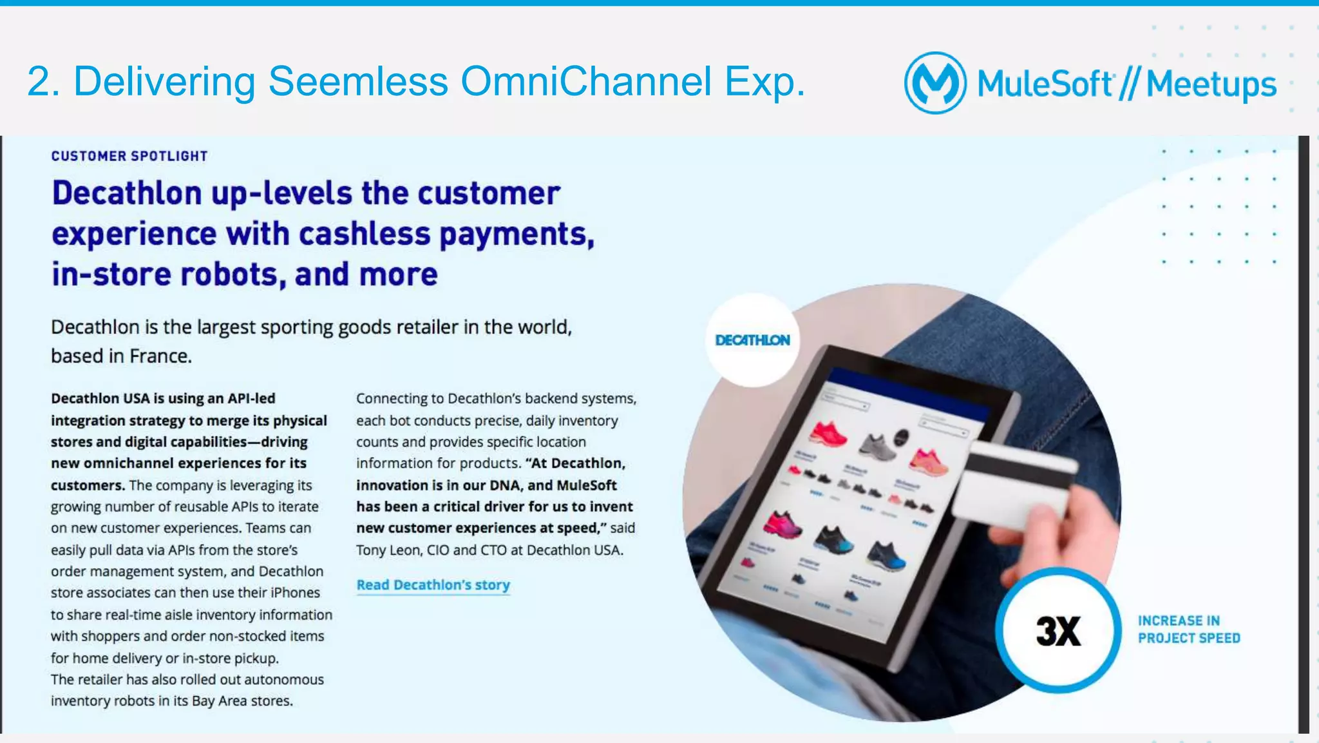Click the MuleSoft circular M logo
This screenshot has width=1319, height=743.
click(935, 83)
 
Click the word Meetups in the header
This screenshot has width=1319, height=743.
click(1211, 84)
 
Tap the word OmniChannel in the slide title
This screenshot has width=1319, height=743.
click(585, 82)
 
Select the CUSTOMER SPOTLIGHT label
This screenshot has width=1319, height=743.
click(129, 156)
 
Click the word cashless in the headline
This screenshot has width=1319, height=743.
click(364, 234)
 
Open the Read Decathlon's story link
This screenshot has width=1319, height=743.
click(433, 585)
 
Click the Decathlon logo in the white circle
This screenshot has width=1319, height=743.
click(752, 340)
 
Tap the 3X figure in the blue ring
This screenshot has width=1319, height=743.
click(1058, 631)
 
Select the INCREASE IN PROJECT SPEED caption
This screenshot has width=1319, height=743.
click(1188, 630)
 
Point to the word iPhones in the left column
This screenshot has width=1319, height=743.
click(295, 593)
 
